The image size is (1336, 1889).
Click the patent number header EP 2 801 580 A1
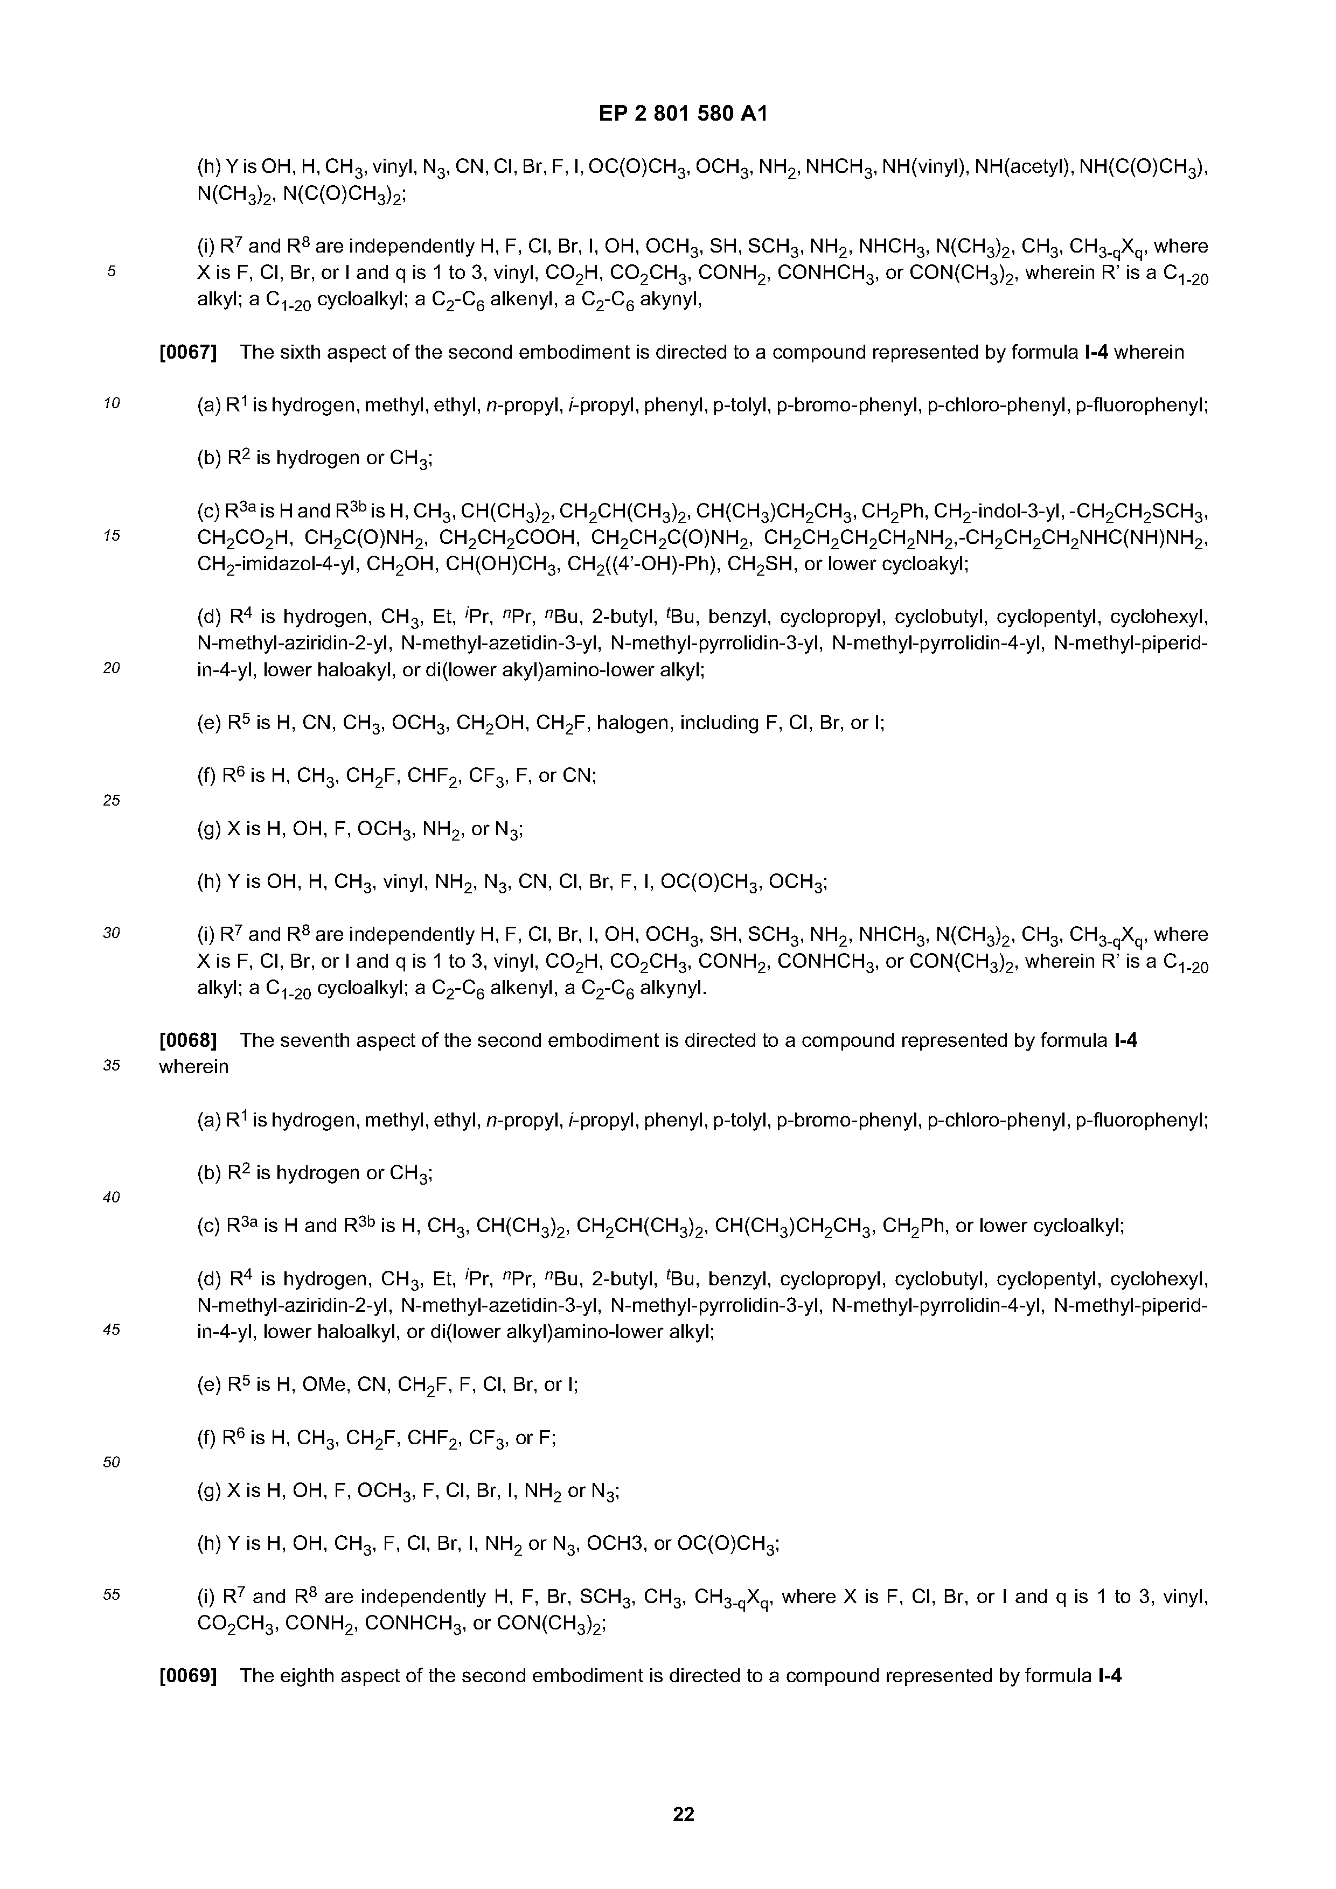(683, 114)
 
